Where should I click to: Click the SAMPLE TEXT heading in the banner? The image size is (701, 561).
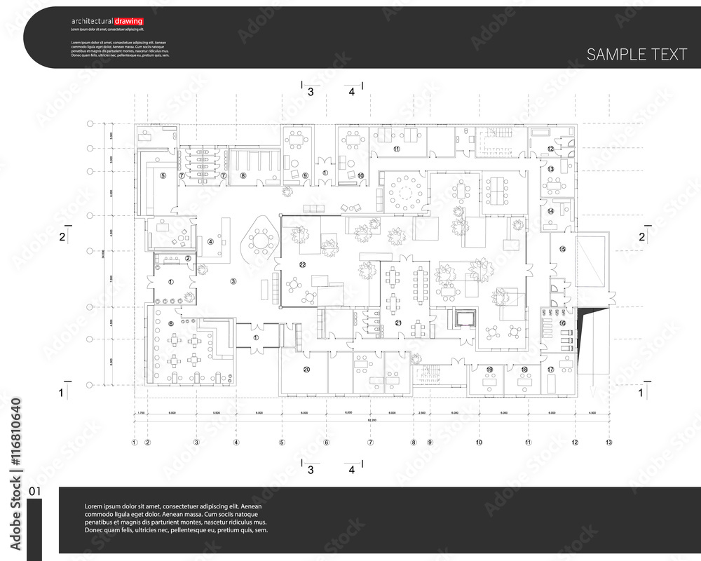tap(637, 55)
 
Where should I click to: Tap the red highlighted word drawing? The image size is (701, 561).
tap(128, 21)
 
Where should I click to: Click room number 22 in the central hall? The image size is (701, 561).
tap(303, 264)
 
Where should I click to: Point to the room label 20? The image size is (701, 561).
tap(306, 369)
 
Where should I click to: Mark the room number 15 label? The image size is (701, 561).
tap(562, 249)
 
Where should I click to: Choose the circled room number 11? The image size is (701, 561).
tap(396, 149)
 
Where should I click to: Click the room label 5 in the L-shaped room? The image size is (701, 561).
tap(163, 175)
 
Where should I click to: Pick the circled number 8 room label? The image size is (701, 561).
tap(243, 175)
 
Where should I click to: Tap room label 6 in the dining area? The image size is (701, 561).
tap(171, 323)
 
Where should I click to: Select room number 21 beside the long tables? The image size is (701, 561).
tap(398, 323)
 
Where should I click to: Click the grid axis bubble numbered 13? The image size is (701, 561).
tap(609, 442)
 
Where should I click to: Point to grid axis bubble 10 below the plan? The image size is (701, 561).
tap(479, 442)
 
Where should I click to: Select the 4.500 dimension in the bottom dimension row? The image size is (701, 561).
tap(592, 413)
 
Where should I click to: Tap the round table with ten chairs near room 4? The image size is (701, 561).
tap(261, 242)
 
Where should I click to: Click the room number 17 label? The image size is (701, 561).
tap(551, 370)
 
